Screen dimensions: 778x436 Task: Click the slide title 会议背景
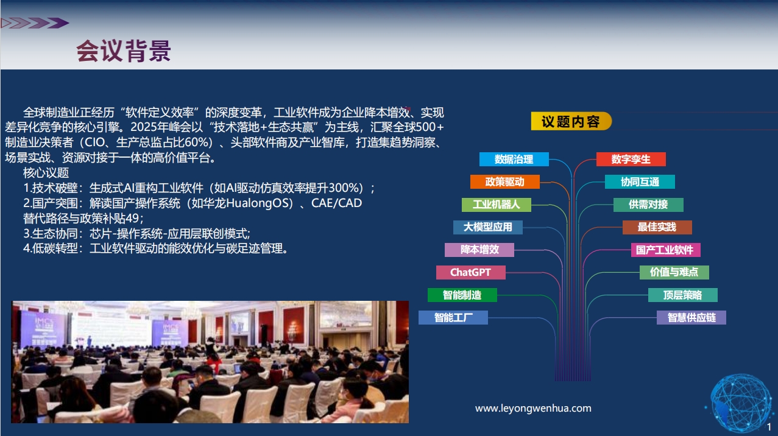(124, 51)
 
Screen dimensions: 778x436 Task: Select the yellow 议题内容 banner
(571, 121)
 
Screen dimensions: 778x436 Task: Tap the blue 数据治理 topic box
(514, 160)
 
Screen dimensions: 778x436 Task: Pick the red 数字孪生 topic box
(631, 160)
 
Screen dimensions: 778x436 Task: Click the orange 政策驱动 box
(505, 182)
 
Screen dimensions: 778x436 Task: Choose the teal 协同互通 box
(640, 182)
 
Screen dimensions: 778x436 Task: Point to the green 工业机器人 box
(497, 205)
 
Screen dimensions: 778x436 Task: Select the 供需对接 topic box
(648, 205)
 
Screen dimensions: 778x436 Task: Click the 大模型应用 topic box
(488, 227)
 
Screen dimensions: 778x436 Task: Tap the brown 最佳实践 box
(657, 227)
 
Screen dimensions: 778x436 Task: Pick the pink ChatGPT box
(470, 273)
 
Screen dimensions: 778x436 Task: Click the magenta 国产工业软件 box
(665, 250)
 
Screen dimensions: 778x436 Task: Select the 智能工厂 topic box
(453, 318)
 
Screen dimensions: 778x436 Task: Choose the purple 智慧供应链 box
(691, 318)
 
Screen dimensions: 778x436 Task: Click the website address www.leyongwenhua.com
(533, 408)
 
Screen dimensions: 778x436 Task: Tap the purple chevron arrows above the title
(35, 23)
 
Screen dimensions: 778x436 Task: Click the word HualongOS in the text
(260, 203)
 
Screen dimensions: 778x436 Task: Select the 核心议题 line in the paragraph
(46, 172)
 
